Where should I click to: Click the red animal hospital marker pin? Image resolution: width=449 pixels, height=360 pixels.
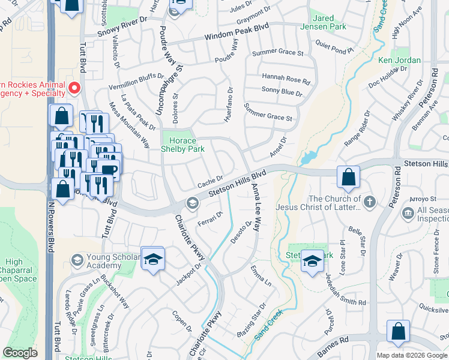point(74,88)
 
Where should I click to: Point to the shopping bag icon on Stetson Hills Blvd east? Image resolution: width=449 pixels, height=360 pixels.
point(348,178)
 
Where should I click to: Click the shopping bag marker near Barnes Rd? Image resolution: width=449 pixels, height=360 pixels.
point(398,332)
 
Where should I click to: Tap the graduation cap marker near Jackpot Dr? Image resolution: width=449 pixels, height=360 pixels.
point(153,259)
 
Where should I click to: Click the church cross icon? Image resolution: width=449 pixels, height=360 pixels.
point(369,202)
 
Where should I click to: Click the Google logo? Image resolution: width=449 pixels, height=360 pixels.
point(20,353)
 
